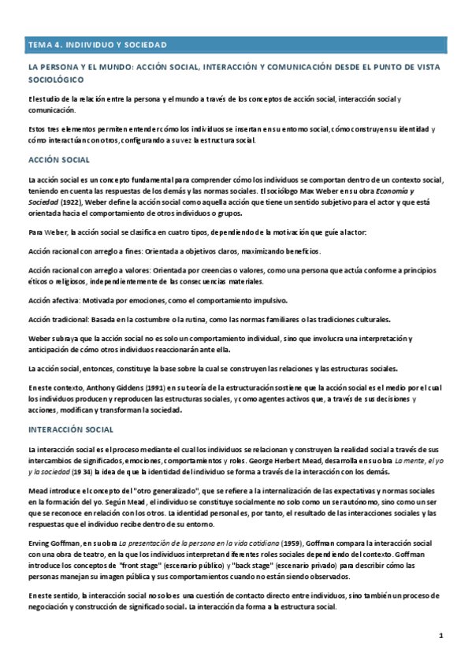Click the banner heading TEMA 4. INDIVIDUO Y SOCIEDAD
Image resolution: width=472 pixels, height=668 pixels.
coord(97,45)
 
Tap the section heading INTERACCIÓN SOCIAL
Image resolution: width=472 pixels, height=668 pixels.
coord(70,429)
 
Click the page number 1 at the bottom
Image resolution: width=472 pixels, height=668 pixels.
coord(442,635)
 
